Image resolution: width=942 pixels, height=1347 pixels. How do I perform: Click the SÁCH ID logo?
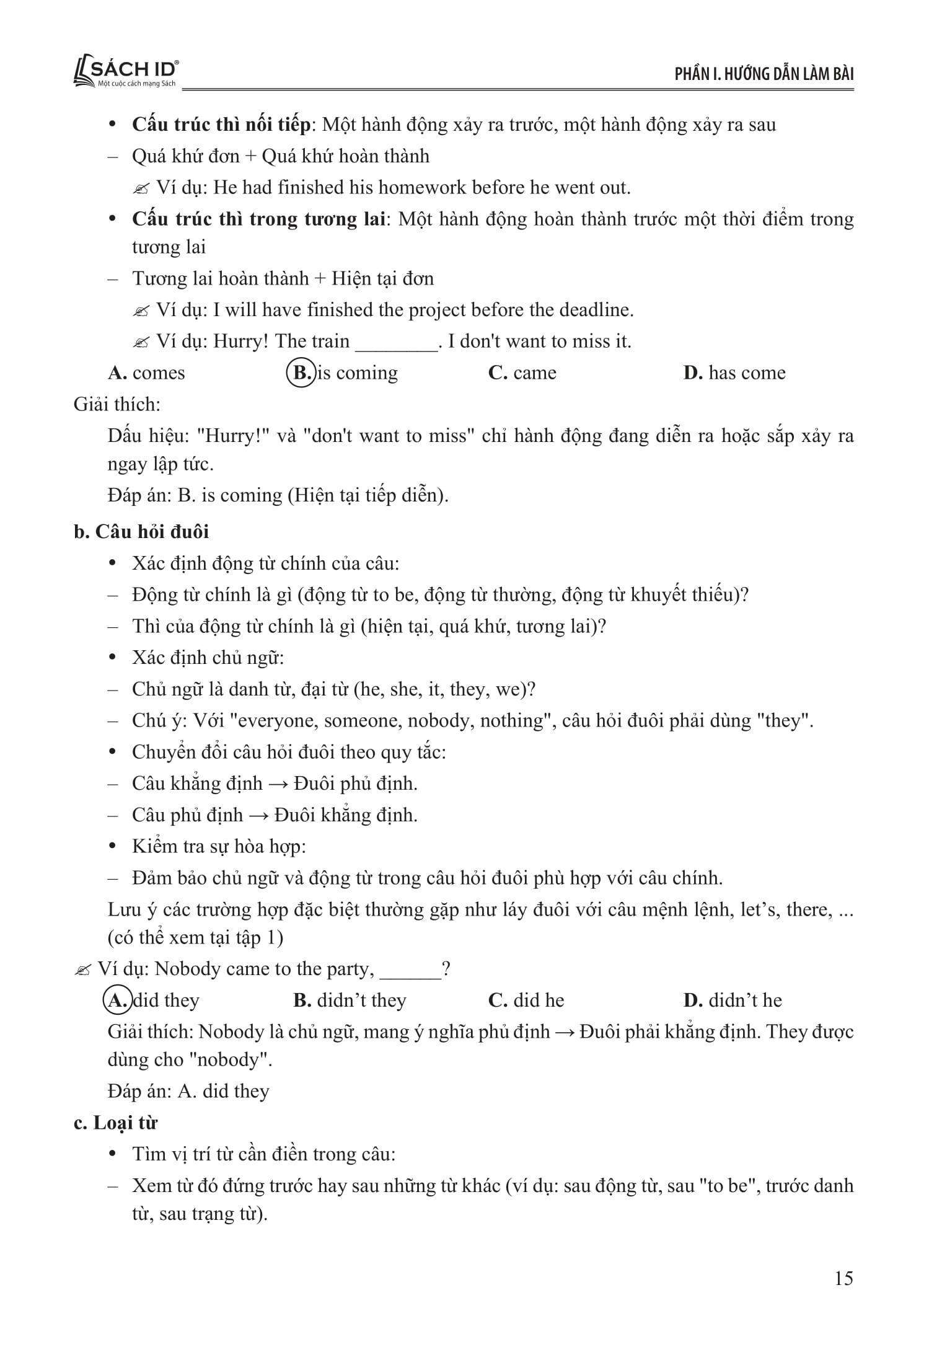pyautogui.click(x=126, y=73)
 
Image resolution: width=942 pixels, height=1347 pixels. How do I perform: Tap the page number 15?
pyautogui.click(x=843, y=1278)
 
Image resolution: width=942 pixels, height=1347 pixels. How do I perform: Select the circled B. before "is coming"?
pyautogui.click(x=301, y=373)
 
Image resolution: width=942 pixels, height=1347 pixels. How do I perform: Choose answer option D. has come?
pyautogui.click(x=734, y=373)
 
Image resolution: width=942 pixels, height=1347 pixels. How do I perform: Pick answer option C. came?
pyautogui.click(x=522, y=373)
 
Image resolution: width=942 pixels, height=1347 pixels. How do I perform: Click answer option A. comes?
pyautogui.click(x=146, y=373)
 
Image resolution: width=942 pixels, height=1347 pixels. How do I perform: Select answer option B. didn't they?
pyautogui.click(x=350, y=1000)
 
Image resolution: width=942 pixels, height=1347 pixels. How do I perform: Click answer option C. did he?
pyautogui.click(x=526, y=1000)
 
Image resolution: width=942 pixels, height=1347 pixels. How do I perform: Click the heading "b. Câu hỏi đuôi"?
pyautogui.click(x=141, y=532)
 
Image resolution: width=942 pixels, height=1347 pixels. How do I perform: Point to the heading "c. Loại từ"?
pyautogui.click(x=115, y=1123)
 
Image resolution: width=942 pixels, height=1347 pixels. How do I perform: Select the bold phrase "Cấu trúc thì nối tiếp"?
pyautogui.click(x=221, y=125)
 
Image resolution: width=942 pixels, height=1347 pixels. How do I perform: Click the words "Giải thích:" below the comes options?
pyautogui.click(x=117, y=404)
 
